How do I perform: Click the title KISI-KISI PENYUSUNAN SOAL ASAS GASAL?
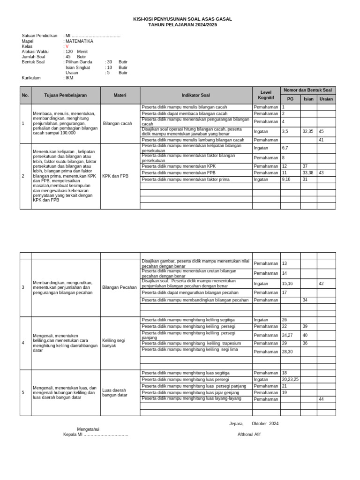(x=182, y=19)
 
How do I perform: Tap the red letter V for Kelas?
(x=67, y=46)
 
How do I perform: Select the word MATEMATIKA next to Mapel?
(x=79, y=41)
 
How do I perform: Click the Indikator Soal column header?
(x=196, y=95)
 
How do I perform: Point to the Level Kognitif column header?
(x=266, y=95)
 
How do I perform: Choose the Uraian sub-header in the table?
(x=326, y=99)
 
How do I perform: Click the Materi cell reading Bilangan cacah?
(x=117, y=124)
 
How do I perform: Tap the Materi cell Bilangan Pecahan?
(x=120, y=287)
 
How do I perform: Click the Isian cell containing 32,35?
(x=308, y=132)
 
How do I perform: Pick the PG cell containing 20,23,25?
(x=290, y=379)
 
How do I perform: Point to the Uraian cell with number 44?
(x=322, y=399)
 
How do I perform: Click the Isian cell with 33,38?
(x=308, y=173)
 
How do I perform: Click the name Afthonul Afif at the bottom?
(x=249, y=434)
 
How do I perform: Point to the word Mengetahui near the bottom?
(x=88, y=429)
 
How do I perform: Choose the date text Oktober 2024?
(x=265, y=423)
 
